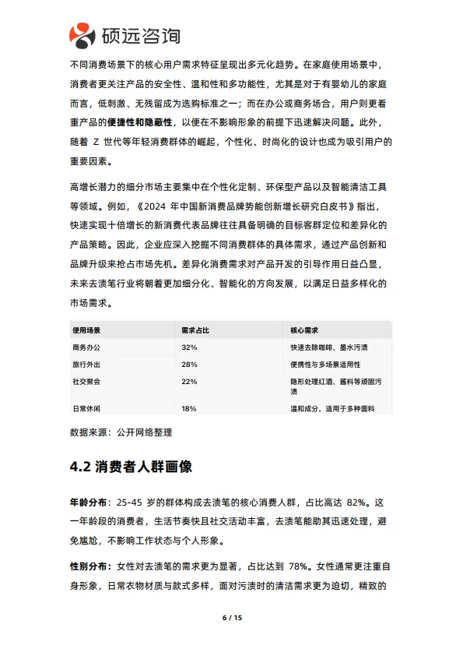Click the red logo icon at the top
[x=82, y=34]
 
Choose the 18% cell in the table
[x=189, y=409]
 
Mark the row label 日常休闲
[x=86, y=409]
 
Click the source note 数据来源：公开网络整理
[x=121, y=432]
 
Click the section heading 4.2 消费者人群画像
[x=131, y=467]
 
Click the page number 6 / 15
[x=232, y=618]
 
